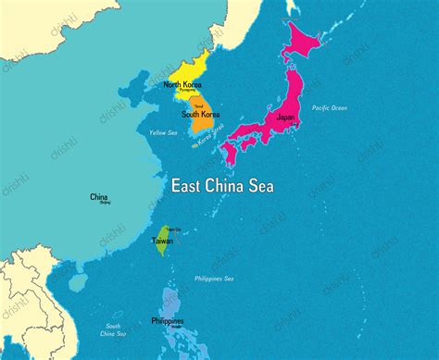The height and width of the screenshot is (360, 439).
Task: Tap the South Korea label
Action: pos(200,115)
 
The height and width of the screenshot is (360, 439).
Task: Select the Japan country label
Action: pos(286,118)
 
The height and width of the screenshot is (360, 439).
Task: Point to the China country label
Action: pos(98,197)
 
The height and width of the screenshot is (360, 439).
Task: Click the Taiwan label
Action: pos(161,241)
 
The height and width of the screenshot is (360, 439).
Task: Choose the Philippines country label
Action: pos(167,321)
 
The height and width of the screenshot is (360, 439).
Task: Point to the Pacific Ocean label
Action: pos(329,108)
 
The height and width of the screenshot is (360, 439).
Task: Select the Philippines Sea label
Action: pos(214,279)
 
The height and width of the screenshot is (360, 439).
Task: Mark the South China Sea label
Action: pos(115,329)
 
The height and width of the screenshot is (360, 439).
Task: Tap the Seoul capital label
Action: pos(198,106)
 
